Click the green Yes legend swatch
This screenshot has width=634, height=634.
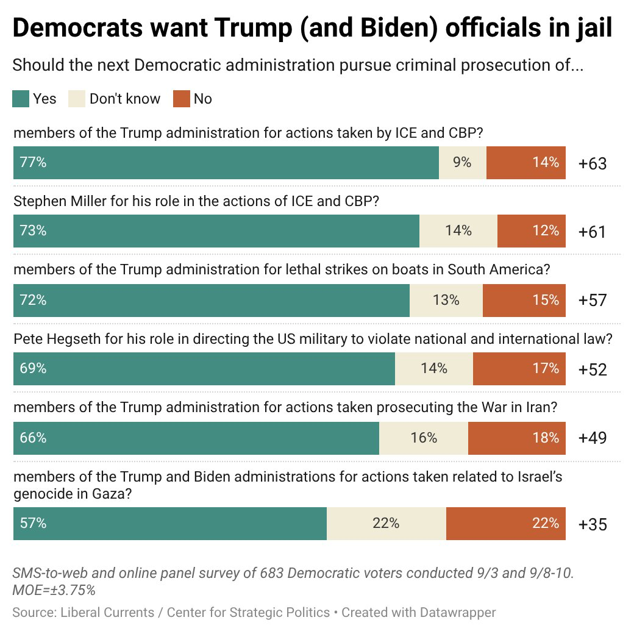[x=21, y=99]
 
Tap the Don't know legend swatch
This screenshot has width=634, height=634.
[x=77, y=99]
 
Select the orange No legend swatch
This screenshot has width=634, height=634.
[x=182, y=99]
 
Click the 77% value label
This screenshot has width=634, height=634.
[x=33, y=162]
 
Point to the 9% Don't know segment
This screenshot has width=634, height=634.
[x=463, y=163]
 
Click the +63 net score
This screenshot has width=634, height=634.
[x=593, y=163]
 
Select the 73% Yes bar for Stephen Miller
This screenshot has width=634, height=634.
[x=216, y=231]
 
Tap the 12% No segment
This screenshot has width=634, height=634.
[x=532, y=231]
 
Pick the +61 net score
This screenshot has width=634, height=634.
[x=592, y=232]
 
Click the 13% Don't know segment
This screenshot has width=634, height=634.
[x=446, y=301]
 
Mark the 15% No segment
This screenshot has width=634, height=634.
[x=524, y=301]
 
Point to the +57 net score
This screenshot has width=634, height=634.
[x=593, y=300]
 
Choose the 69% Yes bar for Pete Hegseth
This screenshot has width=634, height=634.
[x=204, y=369]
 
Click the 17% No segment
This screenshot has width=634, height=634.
[x=519, y=369]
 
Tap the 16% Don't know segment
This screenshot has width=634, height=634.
[x=424, y=438]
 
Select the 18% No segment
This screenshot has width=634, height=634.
[x=517, y=438]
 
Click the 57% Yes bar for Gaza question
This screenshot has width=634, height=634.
[x=170, y=524]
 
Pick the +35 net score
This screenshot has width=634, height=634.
[x=593, y=524]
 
